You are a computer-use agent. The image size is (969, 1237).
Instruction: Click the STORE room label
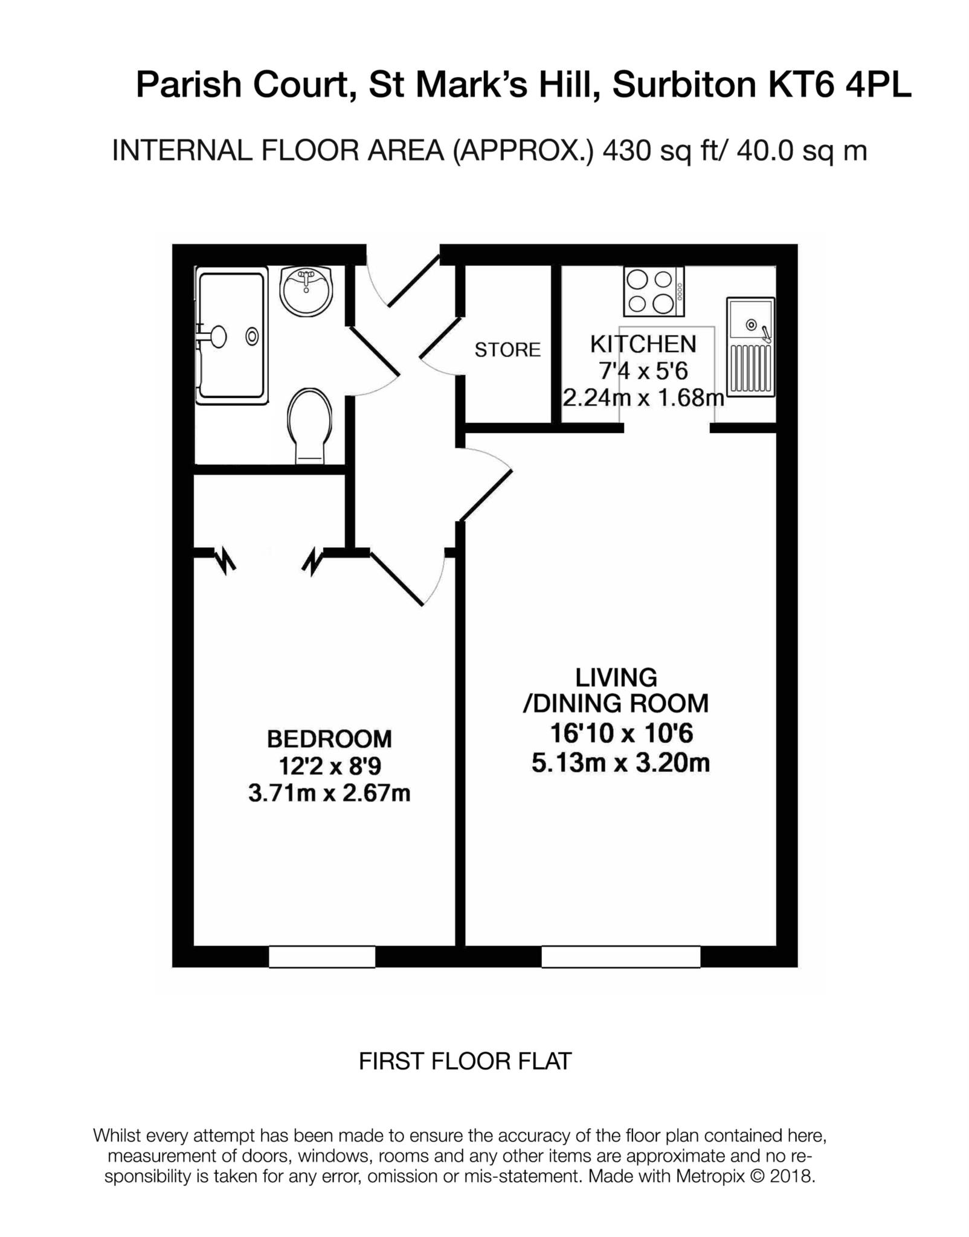(507, 350)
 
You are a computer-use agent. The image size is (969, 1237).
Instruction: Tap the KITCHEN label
(643, 344)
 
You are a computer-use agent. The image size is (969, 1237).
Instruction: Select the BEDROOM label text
(329, 739)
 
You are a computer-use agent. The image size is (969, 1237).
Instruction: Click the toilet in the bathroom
(310, 425)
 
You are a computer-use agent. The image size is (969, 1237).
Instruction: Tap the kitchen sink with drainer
(750, 347)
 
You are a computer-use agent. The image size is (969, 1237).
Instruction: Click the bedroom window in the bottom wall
(322, 957)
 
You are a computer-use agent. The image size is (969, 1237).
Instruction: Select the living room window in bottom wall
(620, 957)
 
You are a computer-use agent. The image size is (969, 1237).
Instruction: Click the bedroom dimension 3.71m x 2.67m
(329, 793)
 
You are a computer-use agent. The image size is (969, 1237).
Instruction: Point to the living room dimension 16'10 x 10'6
(621, 734)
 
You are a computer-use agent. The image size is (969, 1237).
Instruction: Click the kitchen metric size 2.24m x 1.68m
(643, 399)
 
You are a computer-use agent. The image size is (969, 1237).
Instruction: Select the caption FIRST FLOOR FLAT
(465, 1061)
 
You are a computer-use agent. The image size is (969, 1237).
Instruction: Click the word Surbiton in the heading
(684, 85)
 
